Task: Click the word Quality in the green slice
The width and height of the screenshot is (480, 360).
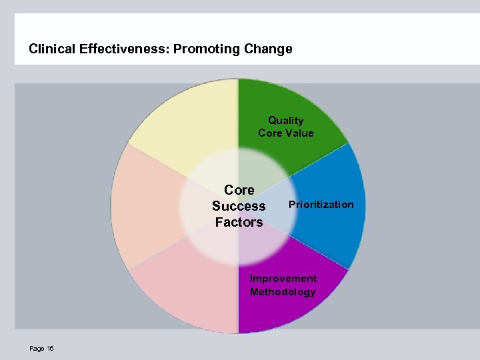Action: pyautogui.click(x=285, y=121)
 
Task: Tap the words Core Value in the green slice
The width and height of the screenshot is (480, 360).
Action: pyautogui.click(x=285, y=133)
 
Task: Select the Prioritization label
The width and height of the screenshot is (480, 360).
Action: pyautogui.click(x=321, y=205)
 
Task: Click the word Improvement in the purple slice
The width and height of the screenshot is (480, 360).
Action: pyautogui.click(x=283, y=279)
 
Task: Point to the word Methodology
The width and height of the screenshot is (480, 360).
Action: pyautogui.click(x=283, y=292)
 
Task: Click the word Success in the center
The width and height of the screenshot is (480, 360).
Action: pyautogui.click(x=239, y=206)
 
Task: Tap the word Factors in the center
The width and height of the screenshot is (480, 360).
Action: pyautogui.click(x=239, y=222)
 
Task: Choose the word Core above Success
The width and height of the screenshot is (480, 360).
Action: pyautogui.click(x=239, y=190)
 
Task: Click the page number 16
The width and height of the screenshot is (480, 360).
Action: pyautogui.click(x=51, y=349)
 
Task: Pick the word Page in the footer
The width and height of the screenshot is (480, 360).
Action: pyautogui.click(x=37, y=349)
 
